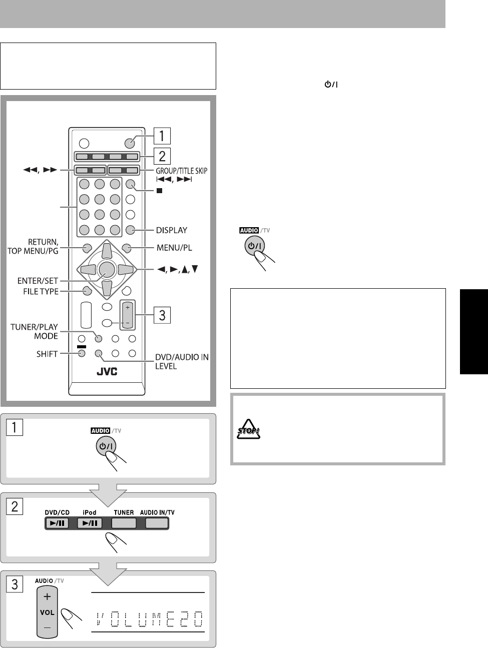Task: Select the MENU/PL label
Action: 174,247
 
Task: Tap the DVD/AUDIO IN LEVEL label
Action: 180,362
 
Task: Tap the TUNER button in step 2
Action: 124,523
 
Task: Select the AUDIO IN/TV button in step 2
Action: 157,523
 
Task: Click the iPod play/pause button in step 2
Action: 90,523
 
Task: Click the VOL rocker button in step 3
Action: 48,612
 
